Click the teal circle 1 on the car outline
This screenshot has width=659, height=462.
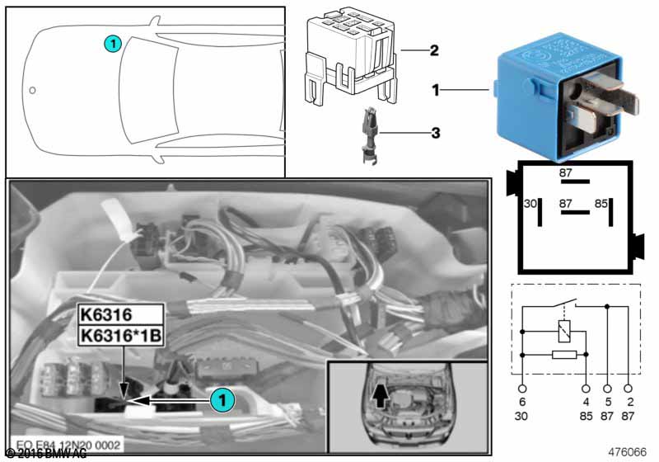[113, 42]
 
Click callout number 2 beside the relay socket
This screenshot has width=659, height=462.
[433, 49]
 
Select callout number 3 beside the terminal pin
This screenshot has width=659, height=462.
[433, 130]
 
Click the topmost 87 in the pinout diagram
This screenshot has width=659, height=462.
[565, 173]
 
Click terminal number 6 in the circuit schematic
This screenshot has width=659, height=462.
[522, 402]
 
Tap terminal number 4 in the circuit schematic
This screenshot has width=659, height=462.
[586, 402]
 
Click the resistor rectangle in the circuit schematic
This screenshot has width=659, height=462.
[563, 355]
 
